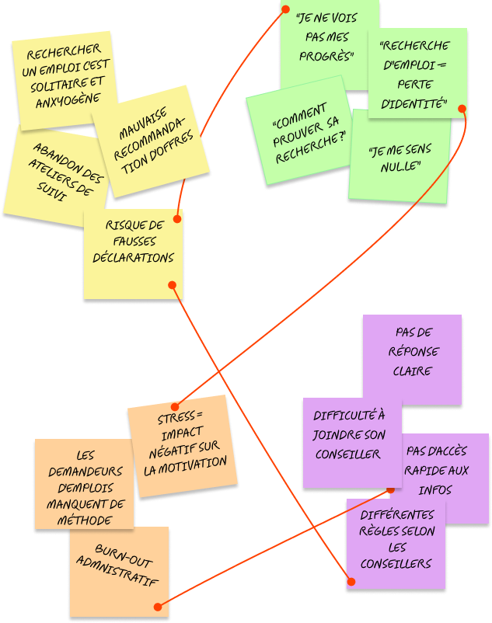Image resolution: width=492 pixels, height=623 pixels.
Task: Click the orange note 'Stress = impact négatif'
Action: tap(183, 447)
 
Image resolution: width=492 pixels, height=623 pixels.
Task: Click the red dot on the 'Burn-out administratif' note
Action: tap(158, 607)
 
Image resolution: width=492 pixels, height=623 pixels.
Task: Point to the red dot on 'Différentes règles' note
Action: tap(351, 581)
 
